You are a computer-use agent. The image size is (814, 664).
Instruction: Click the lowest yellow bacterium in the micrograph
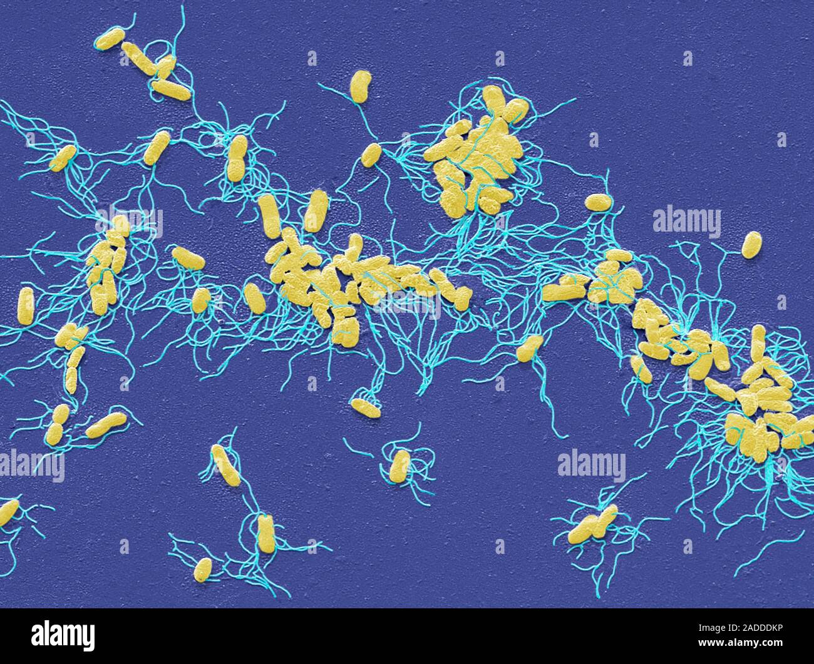coord(203,569)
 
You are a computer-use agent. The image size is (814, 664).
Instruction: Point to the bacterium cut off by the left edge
coord(8,512)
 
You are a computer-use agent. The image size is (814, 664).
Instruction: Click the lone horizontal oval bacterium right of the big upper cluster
coord(598,202)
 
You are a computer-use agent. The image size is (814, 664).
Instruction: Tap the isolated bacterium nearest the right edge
coord(751,245)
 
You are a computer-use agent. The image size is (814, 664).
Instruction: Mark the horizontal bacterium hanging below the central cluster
coord(365,407)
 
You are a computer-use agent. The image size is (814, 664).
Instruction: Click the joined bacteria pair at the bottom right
coord(592,524)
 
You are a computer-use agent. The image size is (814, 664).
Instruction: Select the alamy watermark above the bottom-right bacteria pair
coord(591,466)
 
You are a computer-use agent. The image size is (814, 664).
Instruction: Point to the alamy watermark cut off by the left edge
coord(31,466)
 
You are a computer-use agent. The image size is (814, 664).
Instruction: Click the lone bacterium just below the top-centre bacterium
coord(371,155)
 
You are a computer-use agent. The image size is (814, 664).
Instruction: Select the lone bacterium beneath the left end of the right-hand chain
coord(530,348)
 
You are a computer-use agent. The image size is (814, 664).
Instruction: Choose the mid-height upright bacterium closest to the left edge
coord(26,305)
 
